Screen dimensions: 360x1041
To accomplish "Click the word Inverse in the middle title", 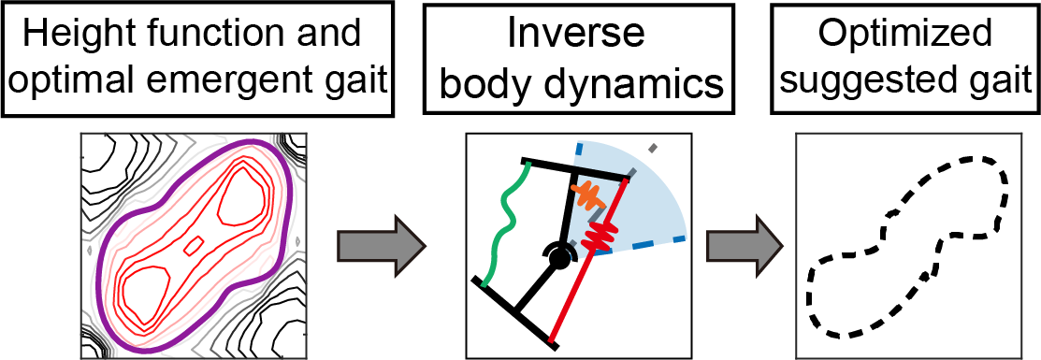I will pyautogui.click(x=577, y=35).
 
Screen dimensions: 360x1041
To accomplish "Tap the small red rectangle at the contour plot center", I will pyautogui.click(x=194, y=246).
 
